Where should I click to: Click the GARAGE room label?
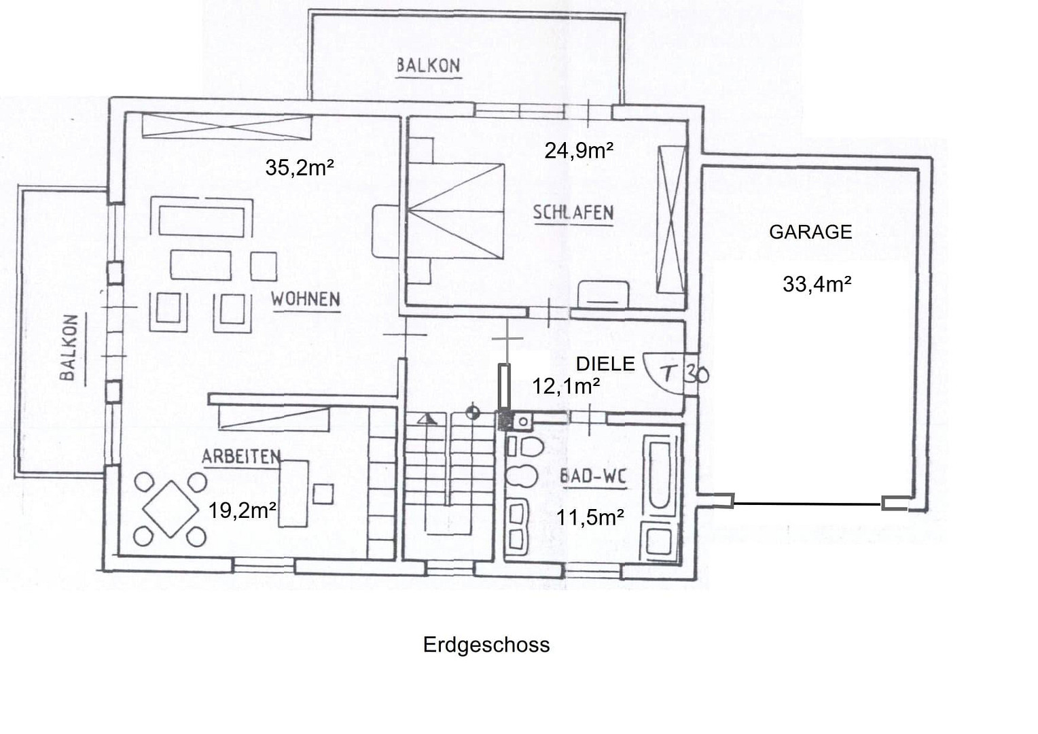(810, 232)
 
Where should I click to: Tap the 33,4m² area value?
(817, 284)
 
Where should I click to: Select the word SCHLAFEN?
(573, 213)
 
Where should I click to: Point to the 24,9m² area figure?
(579, 151)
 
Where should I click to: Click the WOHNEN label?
(306, 299)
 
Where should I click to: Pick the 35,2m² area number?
(300, 167)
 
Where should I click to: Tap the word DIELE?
(605, 364)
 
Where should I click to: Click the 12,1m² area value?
(567, 386)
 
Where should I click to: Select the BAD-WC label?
(593, 476)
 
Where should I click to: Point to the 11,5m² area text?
(590, 517)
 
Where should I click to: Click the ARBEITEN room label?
(241, 457)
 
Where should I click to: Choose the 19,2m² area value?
(243, 511)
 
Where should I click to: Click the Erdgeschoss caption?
(486, 645)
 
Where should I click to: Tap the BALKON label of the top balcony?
(429, 66)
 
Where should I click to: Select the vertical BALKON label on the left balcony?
(69, 348)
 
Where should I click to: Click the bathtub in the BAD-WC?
(660, 475)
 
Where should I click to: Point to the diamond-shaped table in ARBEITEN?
(171, 509)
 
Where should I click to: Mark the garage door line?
(807, 504)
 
